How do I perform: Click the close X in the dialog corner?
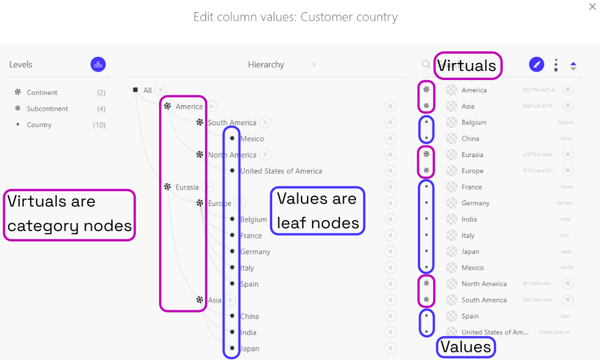(591, 7)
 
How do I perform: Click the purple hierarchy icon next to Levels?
(98, 64)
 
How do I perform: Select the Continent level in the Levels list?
(42, 93)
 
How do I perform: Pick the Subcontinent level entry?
(47, 109)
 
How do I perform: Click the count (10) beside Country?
(99, 125)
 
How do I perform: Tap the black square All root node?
(135, 90)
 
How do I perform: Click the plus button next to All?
(160, 90)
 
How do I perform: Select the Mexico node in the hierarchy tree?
(251, 139)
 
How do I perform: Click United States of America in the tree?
(281, 171)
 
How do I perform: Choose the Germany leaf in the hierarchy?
(254, 252)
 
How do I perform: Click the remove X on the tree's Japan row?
(390, 348)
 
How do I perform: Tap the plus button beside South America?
(265, 122)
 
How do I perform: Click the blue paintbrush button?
(536, 64)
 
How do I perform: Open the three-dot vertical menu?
(555, 65)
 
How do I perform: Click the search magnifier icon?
(426, 64)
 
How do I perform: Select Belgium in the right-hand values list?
(474, 122)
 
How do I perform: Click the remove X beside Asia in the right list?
(568, 106)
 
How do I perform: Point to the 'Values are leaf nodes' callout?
(317, 211)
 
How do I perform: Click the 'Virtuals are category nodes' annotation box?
(69, 215)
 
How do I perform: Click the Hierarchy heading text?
(266, 65)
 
